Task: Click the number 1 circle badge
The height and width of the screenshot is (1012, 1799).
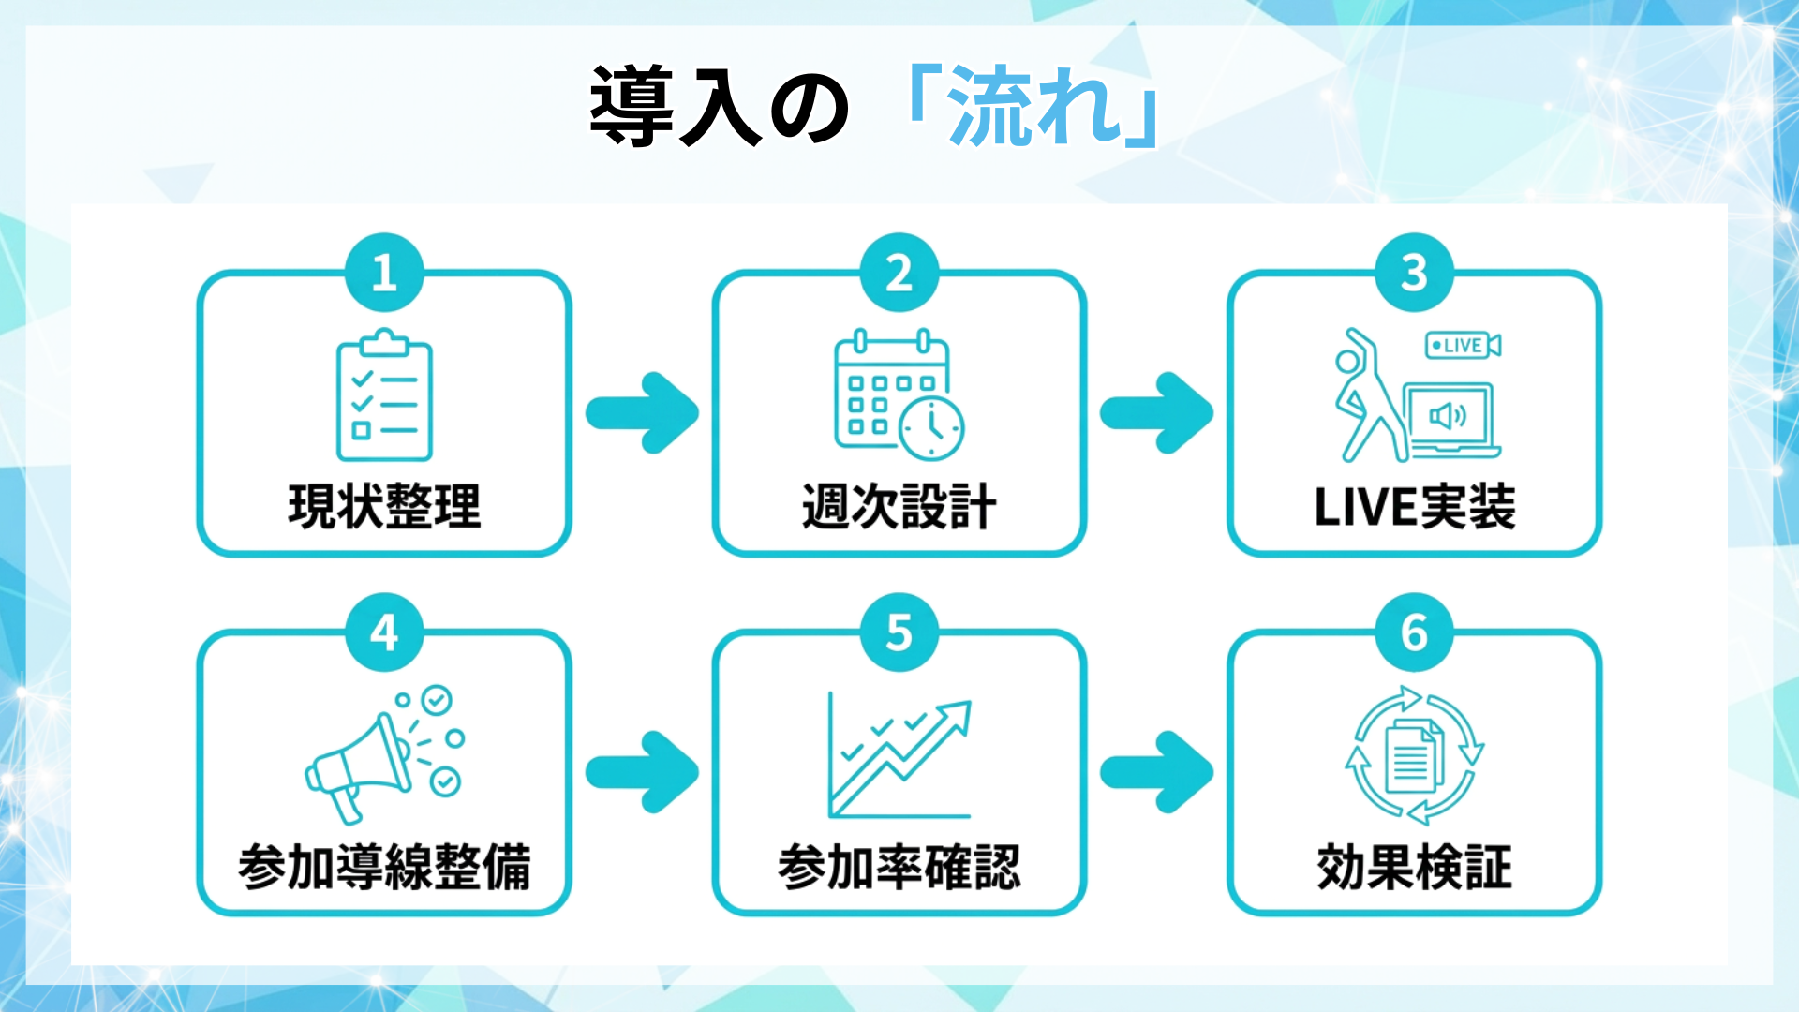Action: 384,273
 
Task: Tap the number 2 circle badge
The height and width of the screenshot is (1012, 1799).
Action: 899,273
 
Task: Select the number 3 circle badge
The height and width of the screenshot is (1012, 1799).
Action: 1414,273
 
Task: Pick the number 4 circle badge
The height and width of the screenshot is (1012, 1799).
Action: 384,632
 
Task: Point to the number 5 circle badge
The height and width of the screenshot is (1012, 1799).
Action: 899,632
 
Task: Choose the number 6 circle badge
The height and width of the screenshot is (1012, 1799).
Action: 1414,632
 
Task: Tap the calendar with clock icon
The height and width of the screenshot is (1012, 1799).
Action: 898,395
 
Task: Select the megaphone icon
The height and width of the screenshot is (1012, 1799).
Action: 384,754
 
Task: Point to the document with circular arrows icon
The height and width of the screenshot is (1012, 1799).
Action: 1414,755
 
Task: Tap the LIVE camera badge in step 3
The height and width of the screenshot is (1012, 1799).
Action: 1462,346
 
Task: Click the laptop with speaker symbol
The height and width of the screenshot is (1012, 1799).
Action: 1450,419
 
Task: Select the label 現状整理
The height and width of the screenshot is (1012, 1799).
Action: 384,507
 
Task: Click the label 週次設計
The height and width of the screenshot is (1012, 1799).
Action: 899,507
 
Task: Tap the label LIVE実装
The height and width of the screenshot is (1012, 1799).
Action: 1414,507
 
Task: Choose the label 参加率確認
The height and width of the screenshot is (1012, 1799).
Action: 899,867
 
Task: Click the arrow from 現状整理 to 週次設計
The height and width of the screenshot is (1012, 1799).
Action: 643,413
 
